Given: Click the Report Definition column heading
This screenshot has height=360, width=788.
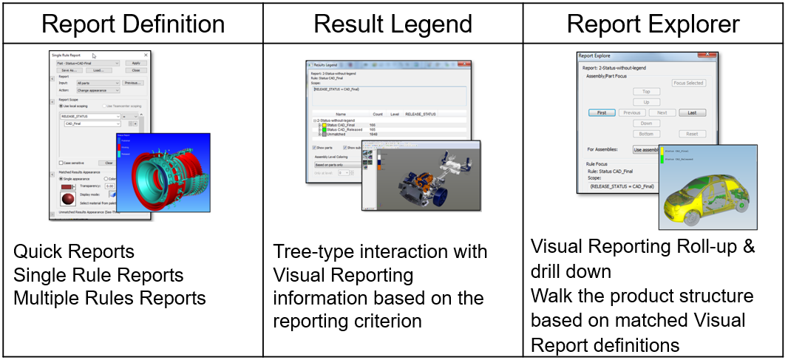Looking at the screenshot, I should coord(133,24).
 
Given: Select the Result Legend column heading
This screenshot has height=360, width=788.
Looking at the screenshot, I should coord(393,24).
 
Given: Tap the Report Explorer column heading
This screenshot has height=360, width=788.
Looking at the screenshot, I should coord(653,24).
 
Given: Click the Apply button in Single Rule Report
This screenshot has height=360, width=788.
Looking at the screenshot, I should coord(136,63).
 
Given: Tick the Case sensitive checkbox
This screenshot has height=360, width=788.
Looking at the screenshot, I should coord(61,163).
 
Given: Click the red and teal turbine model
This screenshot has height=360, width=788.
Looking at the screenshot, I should coord(166,174).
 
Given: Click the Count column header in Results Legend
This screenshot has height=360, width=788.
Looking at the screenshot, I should coord(378,115).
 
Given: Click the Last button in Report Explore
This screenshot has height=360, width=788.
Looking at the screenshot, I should coord(691,112).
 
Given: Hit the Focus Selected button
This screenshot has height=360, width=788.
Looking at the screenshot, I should coord(687,83).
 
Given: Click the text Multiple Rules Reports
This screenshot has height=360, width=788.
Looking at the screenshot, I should coord(109,298).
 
